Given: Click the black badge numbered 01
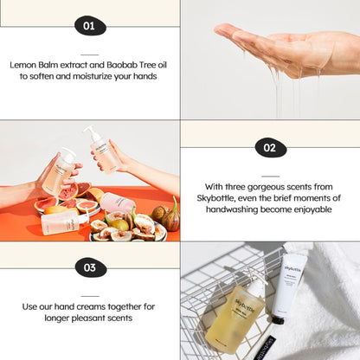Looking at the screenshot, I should pyautogui.click(x=88, y=26).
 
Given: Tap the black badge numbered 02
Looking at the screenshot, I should pyautogui.click(x=270, y=148).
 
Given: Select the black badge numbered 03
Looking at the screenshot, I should pyautogui.click(x=89, y=267).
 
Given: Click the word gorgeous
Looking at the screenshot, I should pyautogui.click(x=275, y=186).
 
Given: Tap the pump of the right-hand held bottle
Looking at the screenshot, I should pyautogui.click(x=89, y=132).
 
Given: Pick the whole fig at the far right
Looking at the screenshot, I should pyautogui.click(x=170, y=218).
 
